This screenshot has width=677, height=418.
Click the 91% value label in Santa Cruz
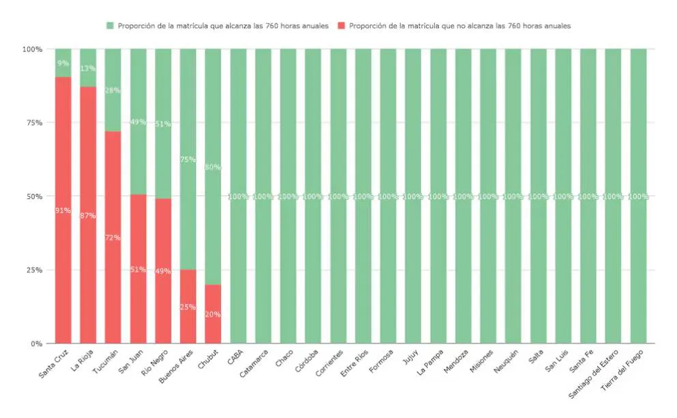click(63, 210)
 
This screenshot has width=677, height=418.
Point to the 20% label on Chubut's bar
click(213, 314)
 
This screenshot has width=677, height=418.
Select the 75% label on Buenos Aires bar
click(188, 160)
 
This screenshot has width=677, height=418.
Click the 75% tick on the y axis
click(32, 123)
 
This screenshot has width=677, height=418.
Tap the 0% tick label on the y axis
click(35, 344)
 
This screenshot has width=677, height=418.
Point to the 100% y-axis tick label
click(31, 49)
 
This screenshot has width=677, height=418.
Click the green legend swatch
click(109, 26)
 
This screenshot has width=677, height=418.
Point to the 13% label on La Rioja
click(88, 68)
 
